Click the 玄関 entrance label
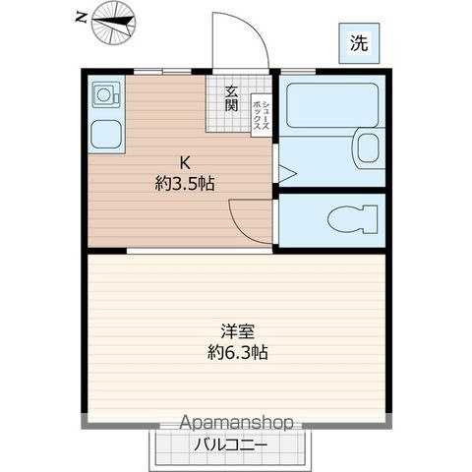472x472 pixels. [232, 98]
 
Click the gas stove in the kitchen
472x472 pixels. [103, 97]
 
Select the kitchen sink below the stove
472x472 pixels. [103, 134]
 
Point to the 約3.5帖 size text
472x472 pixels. [184, 183]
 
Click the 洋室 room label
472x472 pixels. [232, 332]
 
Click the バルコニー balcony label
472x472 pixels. [228, 442]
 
